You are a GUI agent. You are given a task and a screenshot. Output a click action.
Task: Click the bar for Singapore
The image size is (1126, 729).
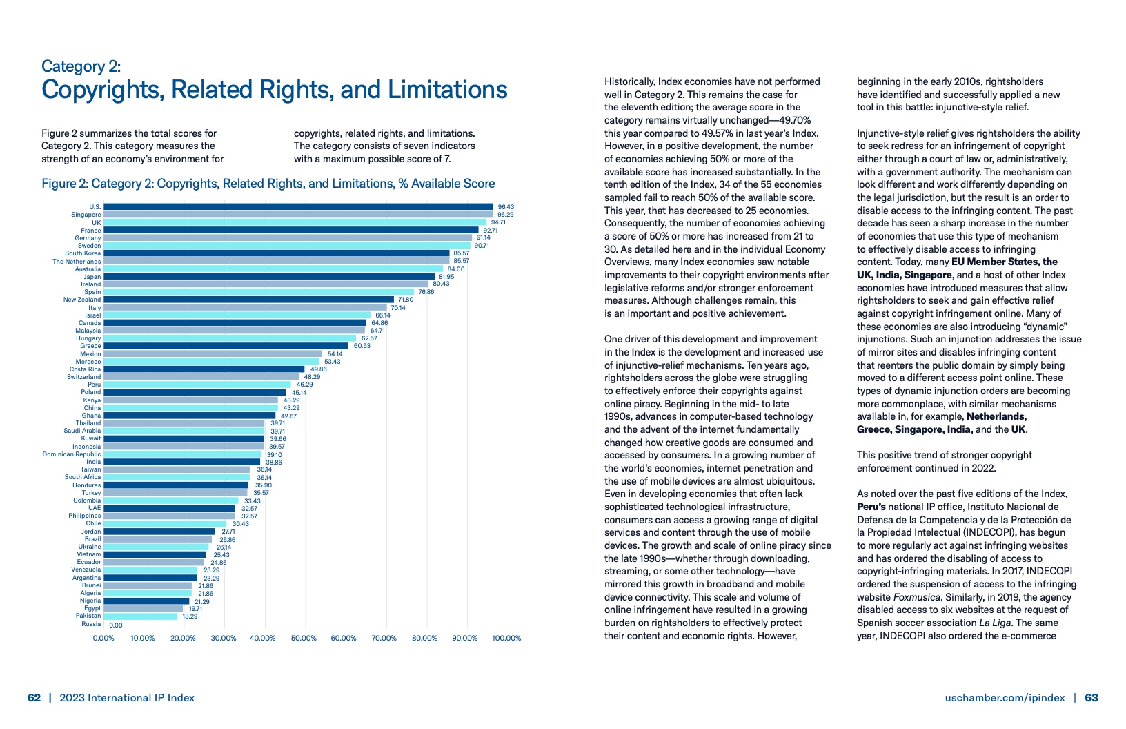point(298,215)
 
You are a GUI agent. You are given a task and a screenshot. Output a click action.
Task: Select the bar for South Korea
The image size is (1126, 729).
point(276,253)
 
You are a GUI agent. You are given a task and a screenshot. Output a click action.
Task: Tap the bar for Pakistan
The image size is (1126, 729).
point(141,616)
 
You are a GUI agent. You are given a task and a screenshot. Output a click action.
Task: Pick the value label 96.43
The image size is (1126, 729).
point(506,207)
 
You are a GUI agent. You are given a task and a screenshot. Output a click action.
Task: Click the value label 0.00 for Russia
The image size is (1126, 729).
point(116,625)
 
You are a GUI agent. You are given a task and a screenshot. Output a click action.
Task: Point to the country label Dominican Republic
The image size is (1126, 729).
point(72,454)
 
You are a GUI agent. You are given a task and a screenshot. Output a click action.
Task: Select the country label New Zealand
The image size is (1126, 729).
point(82,300)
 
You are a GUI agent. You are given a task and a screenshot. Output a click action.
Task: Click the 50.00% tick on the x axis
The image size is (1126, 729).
point(304,639)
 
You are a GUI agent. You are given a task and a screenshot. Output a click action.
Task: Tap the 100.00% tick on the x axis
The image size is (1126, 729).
point(506,639)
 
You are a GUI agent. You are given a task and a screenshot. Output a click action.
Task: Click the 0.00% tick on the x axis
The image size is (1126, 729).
point(103,639)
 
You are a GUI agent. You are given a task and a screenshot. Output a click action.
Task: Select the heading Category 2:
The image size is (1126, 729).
point(81,66)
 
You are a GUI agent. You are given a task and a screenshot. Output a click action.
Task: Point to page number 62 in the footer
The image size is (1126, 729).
point(34,698)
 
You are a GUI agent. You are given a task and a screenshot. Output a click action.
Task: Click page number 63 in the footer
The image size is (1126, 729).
point(1092,698)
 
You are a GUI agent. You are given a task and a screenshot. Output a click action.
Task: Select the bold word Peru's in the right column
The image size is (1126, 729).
point(871,507)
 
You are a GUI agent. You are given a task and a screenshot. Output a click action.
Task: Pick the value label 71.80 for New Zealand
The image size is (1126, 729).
point(406,300)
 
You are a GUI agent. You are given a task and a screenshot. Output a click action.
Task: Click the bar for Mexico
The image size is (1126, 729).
point(213,353)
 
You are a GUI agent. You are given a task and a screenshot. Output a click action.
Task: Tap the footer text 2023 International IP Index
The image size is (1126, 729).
point(127,698)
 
